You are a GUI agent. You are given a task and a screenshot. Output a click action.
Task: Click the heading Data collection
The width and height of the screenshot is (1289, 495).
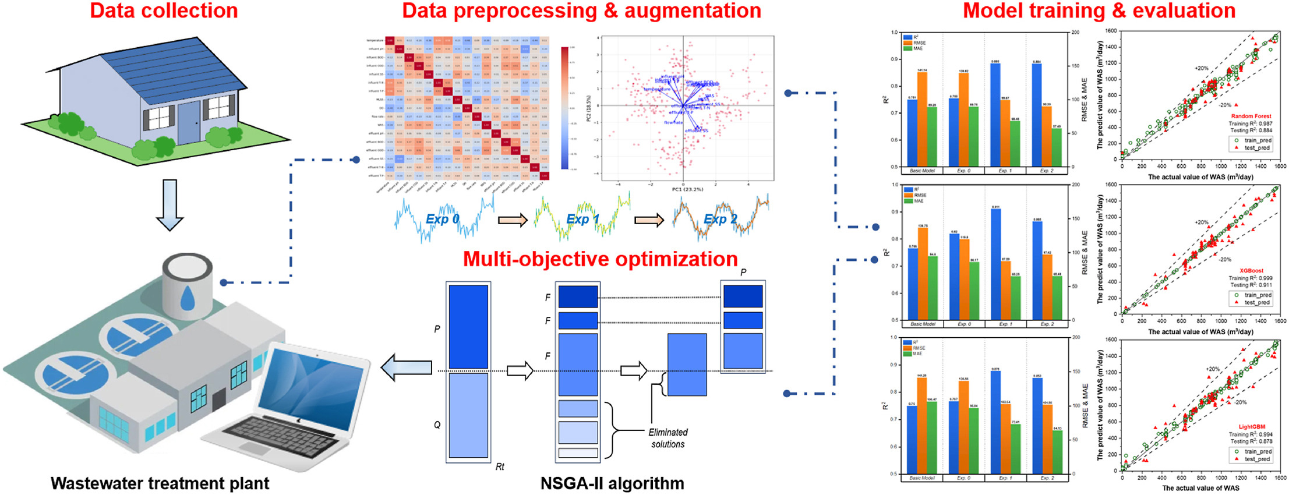pyautogui.click(x=164, y=10)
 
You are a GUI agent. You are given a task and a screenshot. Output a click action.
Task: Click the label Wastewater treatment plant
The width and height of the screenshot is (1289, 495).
pyautogui.click(x=160, y=483)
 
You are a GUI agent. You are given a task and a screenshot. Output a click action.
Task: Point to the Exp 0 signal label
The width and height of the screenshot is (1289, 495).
pyautogui.click(x=443, y=219)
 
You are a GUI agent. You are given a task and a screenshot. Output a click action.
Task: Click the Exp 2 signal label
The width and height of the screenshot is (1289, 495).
pyautogui.click(x=721, y=219)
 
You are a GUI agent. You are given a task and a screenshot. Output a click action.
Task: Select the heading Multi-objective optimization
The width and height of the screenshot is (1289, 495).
pyautogui.click(x=600, y=259)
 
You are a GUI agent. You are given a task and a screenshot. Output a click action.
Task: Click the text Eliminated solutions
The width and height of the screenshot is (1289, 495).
pyautogui.click(x=668, y=438)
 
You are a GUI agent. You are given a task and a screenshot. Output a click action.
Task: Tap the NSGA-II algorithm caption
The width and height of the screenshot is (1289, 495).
pyautogui.click(x=612, y=483)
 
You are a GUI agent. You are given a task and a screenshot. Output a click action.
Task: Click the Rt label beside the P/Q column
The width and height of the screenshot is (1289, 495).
pyautogui.click(x=500, y=466)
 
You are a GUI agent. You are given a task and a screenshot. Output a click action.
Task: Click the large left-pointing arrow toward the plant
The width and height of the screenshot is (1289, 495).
pyautogui.click(x=406, y=368)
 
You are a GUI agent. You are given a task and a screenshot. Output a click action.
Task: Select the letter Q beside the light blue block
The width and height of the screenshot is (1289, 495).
pyautogui.click(x=437, y=425)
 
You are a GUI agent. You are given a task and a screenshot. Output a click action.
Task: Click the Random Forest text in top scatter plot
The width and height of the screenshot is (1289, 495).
pyautogui.click(x=1251, y=116)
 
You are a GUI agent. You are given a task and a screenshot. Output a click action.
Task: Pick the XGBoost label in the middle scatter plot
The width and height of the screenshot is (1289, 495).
pyautogui.click(x=1251, y=271)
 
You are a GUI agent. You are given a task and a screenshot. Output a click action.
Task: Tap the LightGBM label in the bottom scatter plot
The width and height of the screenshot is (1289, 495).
pyautogui.click(x=1251, y=427)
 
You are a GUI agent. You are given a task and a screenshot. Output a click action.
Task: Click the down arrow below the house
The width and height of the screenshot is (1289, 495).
pyautogui.click(x=169, y=205)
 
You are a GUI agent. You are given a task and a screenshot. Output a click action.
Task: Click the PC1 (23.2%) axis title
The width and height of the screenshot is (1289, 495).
pyautogui.click(x=687, y=189)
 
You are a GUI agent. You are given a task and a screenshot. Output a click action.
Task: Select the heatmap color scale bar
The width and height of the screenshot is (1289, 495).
pyautogui.click(x=564, y=108)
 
